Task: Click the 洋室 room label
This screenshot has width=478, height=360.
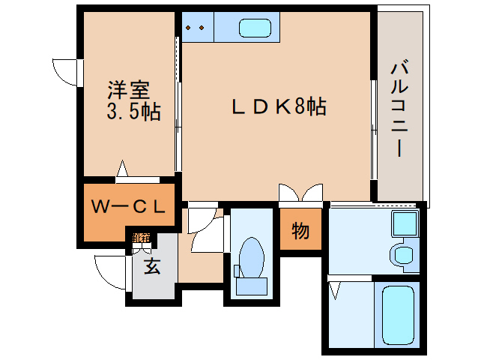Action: pyautogui.click(x=124, y=90)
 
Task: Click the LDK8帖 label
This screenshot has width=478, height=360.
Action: pyautogui.click(x=277, y=107)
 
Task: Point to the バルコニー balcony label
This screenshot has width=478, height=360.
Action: pyautogui.click(x=396, y=109)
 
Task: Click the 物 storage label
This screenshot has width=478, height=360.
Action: pyautogui.click(x=300, y=231)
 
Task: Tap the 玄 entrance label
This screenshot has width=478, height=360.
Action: pyautogui.click(x=152, y=266)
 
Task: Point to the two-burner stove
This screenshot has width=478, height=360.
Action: pyautogui.click(x=196, y=28)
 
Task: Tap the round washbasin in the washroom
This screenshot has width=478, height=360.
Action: pyautogui.click(x=403, y=253)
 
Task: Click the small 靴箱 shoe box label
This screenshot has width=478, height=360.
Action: pyautogui.click(x=141, y=238)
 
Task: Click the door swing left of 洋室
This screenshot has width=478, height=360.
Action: pyautogui.click(x=66, y=70)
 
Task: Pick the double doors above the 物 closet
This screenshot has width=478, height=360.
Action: pyautogui.click(x=300, y=193)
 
